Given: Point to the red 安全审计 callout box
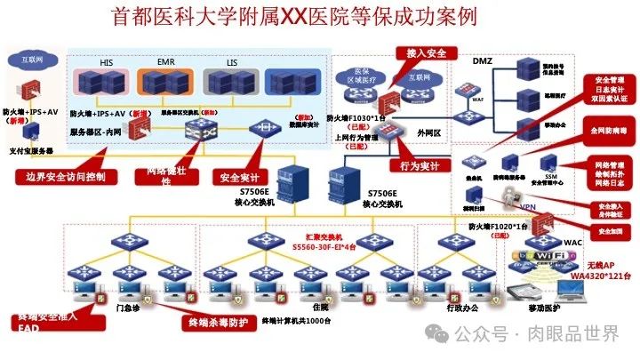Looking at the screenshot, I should pyautogui.click(x=238, y=176).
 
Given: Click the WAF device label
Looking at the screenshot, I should pyautogui.click(x=477, y=100).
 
